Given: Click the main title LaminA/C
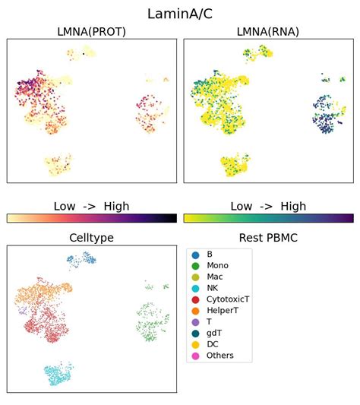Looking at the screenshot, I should point(180,13).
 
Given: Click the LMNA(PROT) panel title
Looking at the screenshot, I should point(91,31).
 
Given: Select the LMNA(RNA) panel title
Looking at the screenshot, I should point(268,31).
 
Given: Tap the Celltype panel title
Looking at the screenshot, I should point(91,238).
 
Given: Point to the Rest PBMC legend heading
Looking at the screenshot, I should point(268,238).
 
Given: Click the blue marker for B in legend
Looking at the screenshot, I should point(196,253).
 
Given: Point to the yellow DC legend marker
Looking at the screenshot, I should point(196,344).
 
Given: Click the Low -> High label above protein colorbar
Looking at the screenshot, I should point(91,206).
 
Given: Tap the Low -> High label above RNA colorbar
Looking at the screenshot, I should point(268,206).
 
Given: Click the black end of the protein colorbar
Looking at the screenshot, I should point(172,218).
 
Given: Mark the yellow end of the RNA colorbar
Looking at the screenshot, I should point(188,218).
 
